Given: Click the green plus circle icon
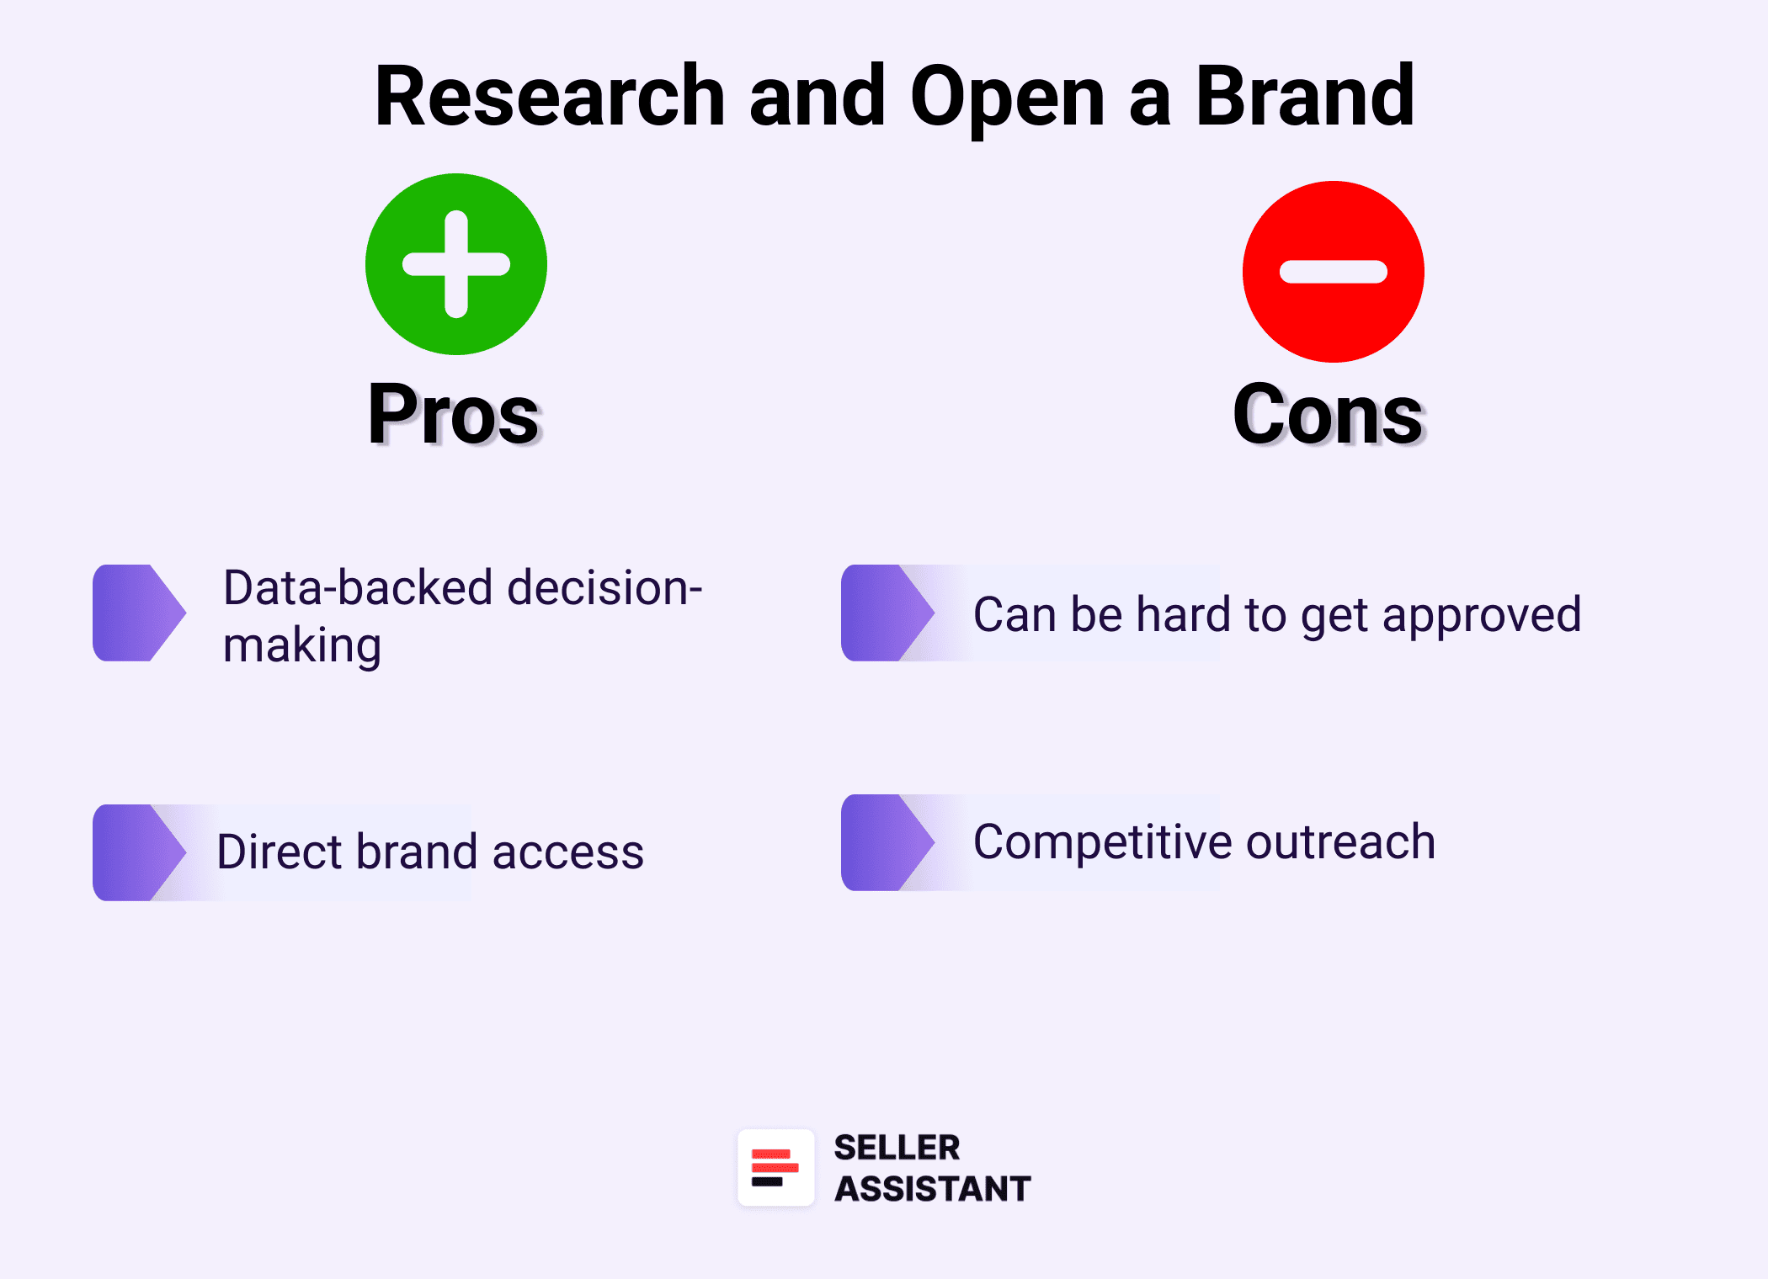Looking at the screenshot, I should point(455,264).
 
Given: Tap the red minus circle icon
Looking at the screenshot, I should point(1333,272).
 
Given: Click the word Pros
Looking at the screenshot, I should point(454,414).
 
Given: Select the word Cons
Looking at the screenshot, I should point(1328,414).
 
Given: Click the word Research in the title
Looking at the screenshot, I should point(550,97).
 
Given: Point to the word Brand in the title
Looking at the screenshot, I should point(1304,97).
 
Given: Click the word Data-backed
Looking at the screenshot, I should point(357,587).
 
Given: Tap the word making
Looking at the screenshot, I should point(302,646).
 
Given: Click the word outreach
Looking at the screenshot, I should point(1340,841).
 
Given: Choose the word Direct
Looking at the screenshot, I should point(280,852).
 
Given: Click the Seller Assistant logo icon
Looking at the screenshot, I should point(775,1168).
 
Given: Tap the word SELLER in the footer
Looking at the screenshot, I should point(896,1148).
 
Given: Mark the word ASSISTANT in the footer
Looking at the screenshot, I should point(932,1189).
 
